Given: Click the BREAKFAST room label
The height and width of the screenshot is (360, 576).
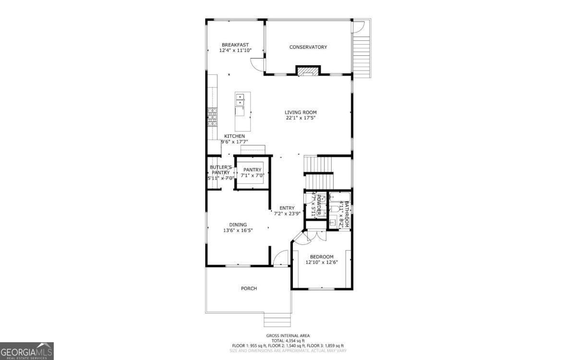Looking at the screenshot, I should click(x=235, y=45).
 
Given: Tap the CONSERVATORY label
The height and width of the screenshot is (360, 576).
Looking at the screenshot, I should click(x=308, y=47).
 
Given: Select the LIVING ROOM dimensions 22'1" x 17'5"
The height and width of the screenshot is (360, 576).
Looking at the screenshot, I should click(x=301, y=118).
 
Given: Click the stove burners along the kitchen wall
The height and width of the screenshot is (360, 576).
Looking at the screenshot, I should click(x=212, y=118).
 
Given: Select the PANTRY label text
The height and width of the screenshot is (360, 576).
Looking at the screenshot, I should click(x=252, y=170).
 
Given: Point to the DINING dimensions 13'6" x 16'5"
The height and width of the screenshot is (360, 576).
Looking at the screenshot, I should click(x=238, y=230).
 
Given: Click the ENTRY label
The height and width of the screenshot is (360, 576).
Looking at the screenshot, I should click(x=287, y=208).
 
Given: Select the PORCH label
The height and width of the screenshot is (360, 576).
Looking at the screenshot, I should click(x=249, y=288).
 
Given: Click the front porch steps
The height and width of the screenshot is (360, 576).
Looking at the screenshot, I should click(x=277, y=320).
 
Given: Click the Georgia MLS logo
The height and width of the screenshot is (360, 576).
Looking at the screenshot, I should click(x=26, y=351).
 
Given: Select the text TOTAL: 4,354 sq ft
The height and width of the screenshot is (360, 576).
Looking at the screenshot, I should click(x=288, y=340).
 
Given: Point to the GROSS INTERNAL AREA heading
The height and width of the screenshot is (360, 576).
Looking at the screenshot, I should click(x=288, y=336).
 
